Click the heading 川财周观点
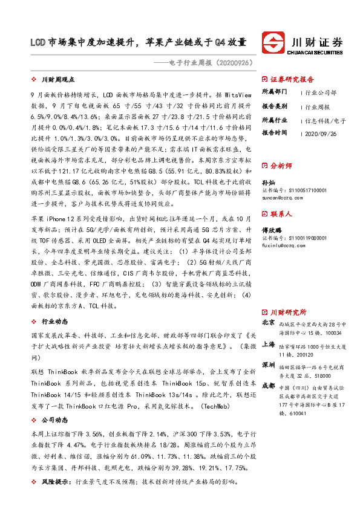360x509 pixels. tap(58, 79)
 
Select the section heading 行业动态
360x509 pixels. tap(54, 322)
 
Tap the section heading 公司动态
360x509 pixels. tap(54, 418)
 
